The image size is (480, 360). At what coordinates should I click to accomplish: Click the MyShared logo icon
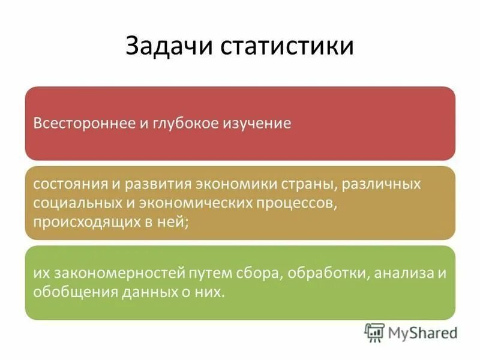click(x=375, y=331)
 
